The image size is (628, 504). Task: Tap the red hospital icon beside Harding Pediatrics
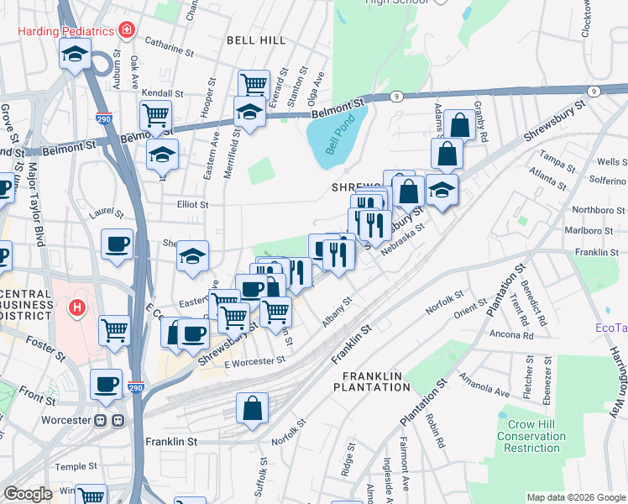127,31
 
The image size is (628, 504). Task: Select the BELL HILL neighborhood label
256,39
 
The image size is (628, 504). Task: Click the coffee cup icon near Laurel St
117,244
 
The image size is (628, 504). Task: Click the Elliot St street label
191,204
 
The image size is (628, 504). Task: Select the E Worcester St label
255,361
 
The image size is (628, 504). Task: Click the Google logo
28,495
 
